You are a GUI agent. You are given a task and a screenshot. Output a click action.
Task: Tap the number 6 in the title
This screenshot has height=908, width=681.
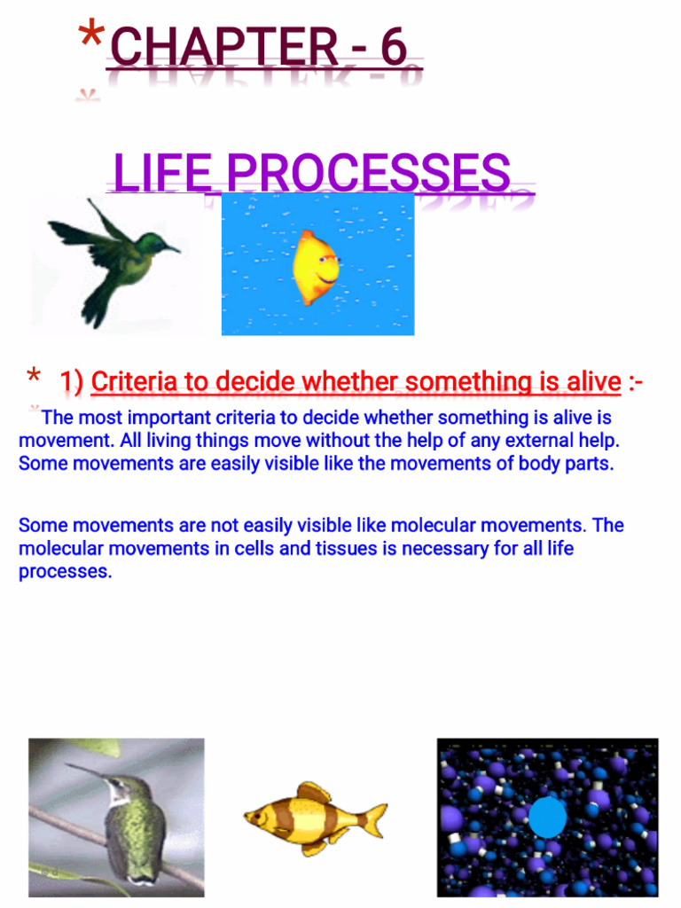393,48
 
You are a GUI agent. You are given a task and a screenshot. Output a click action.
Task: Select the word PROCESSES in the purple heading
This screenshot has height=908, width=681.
364,173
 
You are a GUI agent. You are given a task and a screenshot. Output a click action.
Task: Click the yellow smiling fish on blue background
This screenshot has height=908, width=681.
317,267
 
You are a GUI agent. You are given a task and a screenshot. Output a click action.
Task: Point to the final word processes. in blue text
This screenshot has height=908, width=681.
65,572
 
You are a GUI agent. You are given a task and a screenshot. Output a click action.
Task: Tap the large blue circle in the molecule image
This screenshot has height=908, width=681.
548,818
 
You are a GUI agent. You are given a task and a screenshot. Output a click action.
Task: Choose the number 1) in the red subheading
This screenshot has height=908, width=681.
72,382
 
